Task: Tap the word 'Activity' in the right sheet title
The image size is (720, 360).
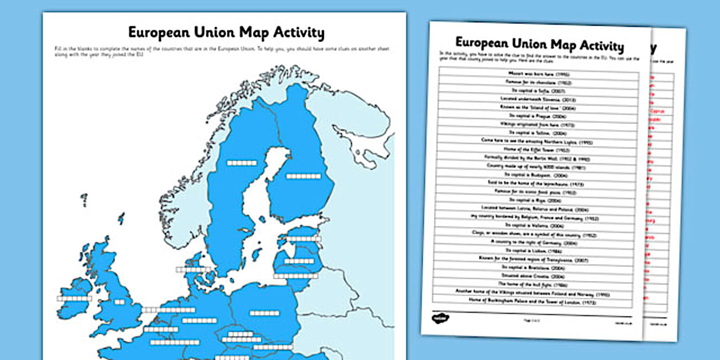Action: pyautogui.click(x=601, y=46)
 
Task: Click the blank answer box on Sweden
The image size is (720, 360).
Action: pyautogui.click(x=242, y=163)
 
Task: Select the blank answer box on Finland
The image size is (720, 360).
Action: pyautogui.click(x=303, y=177)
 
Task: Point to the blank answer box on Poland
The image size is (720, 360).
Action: pyautogui.click(x=265, y=313)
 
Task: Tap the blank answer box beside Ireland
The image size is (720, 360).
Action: pyautogui.click(x=74, y=298)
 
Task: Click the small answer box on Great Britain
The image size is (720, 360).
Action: pyautogui.click(x=119, y=302)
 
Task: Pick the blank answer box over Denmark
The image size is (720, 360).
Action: pyautogui.click(x=193, y=269)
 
